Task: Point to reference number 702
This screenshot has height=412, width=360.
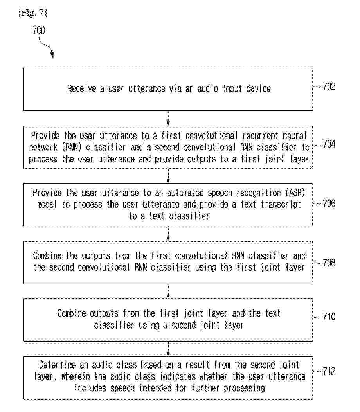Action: click(328, 86)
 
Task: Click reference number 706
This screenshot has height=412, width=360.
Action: click(328, 203)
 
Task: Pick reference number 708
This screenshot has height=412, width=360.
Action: click(328, 262)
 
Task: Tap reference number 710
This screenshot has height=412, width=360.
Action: click(328, 316)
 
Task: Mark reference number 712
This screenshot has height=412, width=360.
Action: click(328, 371)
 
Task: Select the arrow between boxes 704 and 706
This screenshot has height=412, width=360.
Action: click(168, 176)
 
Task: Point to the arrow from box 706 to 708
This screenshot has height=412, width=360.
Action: click(168, 234)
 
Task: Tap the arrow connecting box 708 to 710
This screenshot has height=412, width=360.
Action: click(168, 291)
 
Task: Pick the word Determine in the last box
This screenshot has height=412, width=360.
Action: click(56, 365)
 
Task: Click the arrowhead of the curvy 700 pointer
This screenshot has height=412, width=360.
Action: click(52, 57)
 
